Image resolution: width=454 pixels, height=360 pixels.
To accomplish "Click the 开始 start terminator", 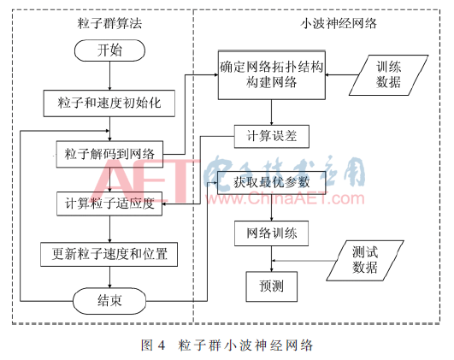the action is [x=109, y=50].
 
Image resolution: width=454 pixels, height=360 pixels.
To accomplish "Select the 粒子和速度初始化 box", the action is [x=109, y=103].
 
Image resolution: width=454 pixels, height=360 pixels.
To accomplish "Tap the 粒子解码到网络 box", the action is [x=109, y=154].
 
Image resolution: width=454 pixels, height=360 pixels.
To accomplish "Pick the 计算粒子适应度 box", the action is [x=109, y=204].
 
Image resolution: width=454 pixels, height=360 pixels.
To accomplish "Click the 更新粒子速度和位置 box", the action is [x=109, y=254].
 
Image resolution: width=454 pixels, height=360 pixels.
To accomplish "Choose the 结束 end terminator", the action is [x=109, y=301].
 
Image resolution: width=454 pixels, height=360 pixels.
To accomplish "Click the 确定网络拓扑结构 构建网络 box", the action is [x=272, y=75].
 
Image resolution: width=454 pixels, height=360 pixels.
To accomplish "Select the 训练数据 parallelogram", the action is [x=388, y=75].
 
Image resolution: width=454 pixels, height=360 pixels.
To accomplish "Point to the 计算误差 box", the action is [x=272, y=137].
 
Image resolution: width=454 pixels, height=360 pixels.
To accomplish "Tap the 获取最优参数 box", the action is [x=272, y=183].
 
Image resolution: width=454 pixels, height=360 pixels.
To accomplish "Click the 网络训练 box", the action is [x=271, y=233].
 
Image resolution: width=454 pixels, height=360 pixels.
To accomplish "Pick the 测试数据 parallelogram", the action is [x=365, y=260].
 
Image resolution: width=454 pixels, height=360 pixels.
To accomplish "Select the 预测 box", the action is [x=272, y=286].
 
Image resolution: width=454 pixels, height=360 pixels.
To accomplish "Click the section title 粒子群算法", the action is [x=109, y=23].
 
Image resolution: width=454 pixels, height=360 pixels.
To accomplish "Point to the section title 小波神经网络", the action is [x=339, y=23].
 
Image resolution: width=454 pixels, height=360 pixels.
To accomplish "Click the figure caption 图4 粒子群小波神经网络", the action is [x=227, y=345].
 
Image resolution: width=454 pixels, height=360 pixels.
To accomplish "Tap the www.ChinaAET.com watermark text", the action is [x=285, y=198].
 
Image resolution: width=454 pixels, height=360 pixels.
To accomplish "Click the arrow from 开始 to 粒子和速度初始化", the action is [x=109, y=75].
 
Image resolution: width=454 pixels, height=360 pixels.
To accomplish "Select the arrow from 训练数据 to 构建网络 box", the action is [x=342, y=74].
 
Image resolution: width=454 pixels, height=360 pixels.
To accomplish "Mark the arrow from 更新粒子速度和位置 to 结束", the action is [x=109, y=277].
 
